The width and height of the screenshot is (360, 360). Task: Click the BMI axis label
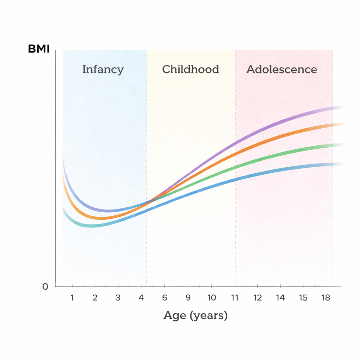[x=39, y=49]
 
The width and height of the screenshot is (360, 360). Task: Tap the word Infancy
[x=103, y=69]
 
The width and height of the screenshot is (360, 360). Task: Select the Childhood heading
[x=191, y=69]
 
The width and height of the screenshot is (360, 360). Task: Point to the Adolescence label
[x=282, y=69]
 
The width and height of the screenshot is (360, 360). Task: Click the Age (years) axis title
[x=195, y=315]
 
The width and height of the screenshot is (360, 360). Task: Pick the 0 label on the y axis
[x=45, y=287]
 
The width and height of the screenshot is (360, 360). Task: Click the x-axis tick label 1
[x=72, y=298]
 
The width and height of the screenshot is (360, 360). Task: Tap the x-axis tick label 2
[x=95, y=298]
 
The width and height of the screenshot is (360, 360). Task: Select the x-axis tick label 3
[x=118, y=298]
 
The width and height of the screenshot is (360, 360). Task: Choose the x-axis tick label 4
[x=141, y=298]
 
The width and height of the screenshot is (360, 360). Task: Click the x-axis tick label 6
[x=165, y=298]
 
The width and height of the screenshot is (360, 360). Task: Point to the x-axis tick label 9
[x=188, y=298]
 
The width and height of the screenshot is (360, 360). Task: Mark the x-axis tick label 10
[x=211, y=298]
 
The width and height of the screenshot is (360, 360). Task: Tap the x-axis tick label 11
[x=234, y=298]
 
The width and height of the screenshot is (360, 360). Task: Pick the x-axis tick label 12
[x=258, y=298]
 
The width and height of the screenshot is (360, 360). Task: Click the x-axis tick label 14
[x=281, y=298]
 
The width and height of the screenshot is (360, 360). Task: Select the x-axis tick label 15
[x=303, y=298]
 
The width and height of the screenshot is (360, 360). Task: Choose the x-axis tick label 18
[x=326, y=298]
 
